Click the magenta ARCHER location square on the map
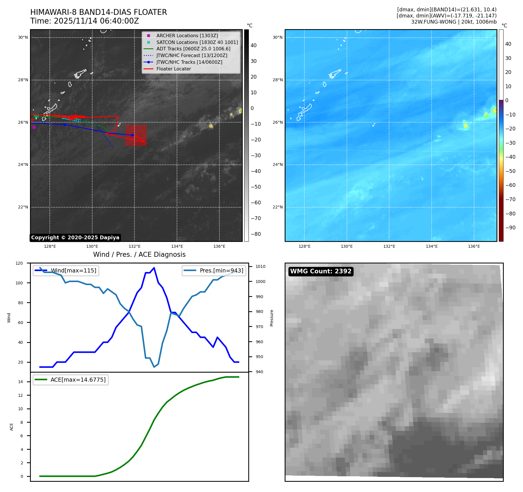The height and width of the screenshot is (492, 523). click(34, 127)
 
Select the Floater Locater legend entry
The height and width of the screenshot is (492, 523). click(173, 69)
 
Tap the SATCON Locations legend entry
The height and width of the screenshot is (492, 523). click(197, 42)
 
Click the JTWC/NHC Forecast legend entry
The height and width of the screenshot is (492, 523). click(192, 56)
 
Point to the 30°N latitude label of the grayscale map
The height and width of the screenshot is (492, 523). click(23, 37)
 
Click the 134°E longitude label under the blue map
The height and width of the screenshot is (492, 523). click(431, 247)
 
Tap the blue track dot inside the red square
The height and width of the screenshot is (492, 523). click(132, 135)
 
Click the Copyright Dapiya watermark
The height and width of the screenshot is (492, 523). click(75, 238)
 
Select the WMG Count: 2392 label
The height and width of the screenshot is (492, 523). click(321, 271)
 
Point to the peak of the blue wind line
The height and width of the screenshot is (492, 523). click(154, 268)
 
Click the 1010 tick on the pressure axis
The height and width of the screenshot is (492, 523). click(260, 266)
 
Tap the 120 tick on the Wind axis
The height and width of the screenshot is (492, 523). click(19, 263)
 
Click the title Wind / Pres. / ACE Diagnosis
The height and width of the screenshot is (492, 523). click(139, 254)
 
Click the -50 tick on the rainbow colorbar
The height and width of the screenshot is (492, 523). click(510, 171)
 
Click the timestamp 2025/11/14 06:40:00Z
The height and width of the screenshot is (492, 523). click(96, 21)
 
